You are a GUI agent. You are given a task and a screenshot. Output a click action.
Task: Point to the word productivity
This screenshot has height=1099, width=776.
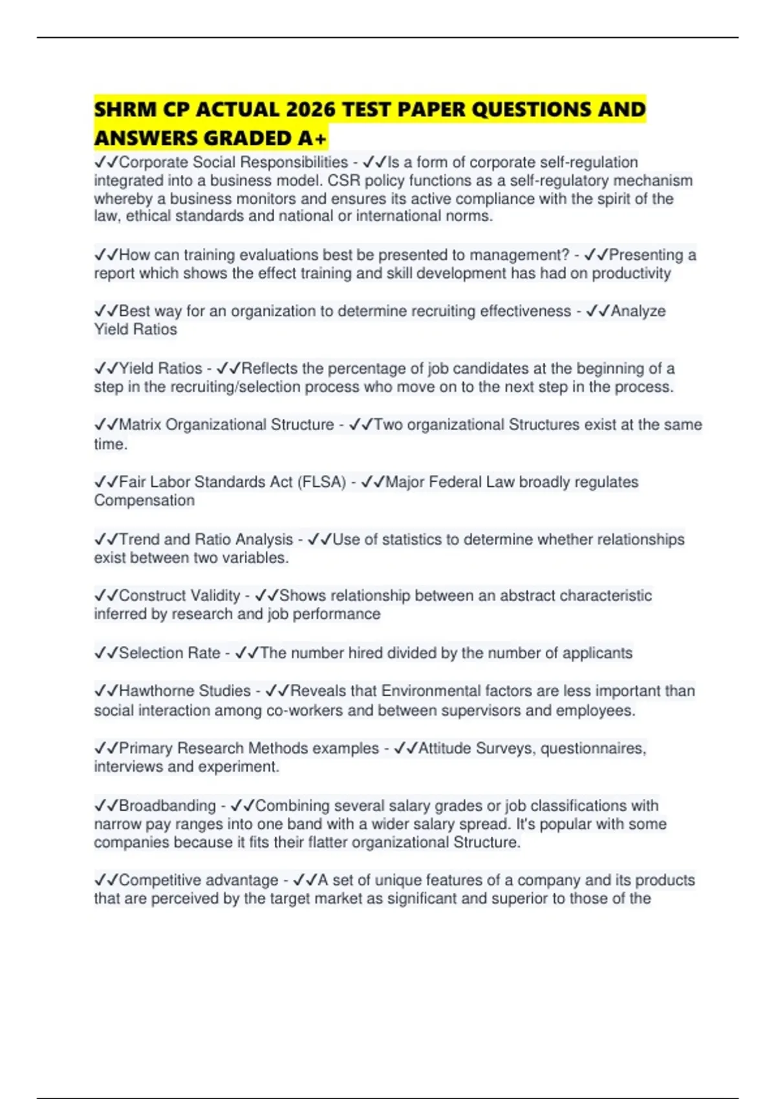coord(631,273)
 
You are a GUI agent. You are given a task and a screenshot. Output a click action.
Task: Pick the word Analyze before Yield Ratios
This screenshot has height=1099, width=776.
coord(638,311)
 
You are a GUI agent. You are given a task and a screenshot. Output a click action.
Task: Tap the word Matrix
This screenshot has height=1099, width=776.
coord(140,425)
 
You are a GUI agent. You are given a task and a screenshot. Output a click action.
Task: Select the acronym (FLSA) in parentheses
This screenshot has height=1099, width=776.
coord(321,482)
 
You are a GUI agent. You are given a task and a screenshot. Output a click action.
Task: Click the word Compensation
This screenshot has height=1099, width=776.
coord(144,500)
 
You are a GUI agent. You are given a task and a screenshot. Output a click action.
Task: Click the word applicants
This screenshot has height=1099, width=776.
coord(597,653)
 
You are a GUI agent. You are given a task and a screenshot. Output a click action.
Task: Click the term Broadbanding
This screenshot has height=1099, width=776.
coord(167,806)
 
